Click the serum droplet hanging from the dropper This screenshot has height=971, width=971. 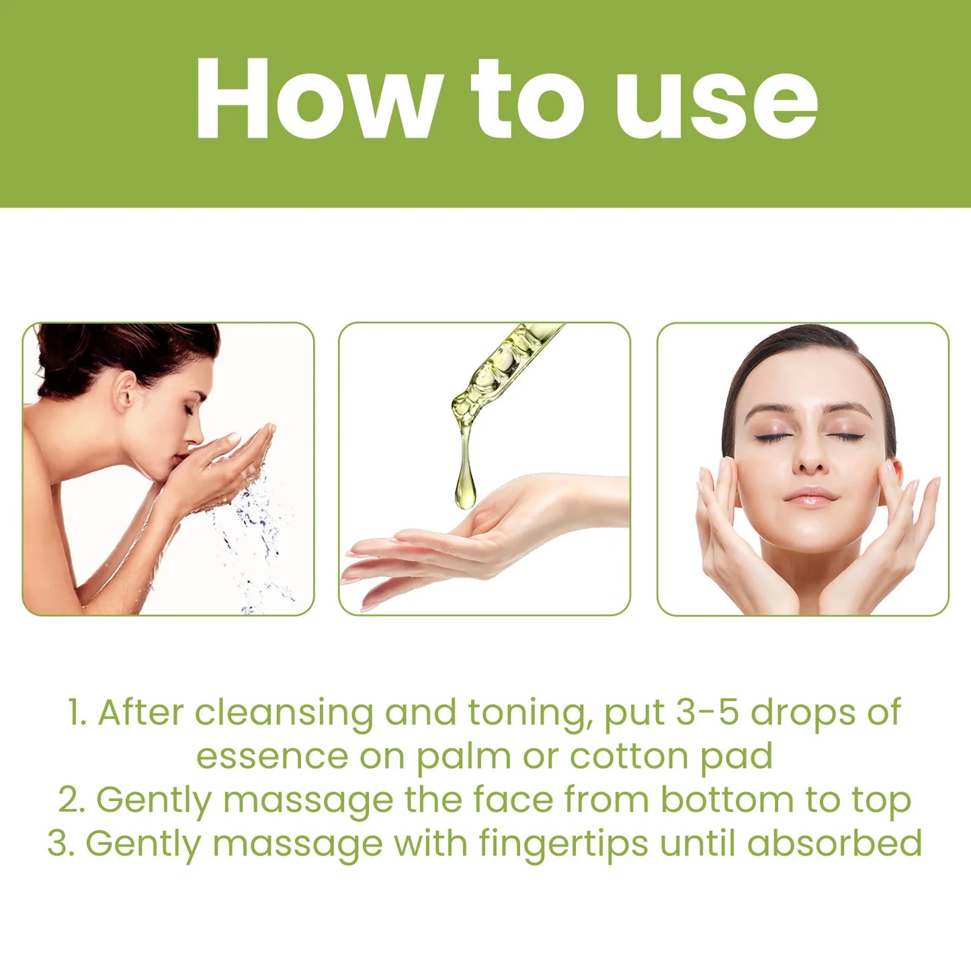click(464, 487)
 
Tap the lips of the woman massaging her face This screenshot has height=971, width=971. click(810, 497)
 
